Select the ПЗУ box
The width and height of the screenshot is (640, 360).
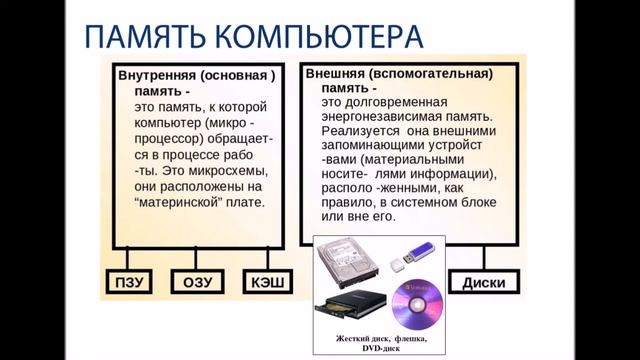click(x=128, y=283)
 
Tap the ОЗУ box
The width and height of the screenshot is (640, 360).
click(x=197, y=283)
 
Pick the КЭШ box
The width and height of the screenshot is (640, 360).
click(x=265, y=283)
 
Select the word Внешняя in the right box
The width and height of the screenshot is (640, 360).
click(x=333, y=74)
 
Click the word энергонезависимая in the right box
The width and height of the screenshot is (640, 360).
click(x=383, y=118)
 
